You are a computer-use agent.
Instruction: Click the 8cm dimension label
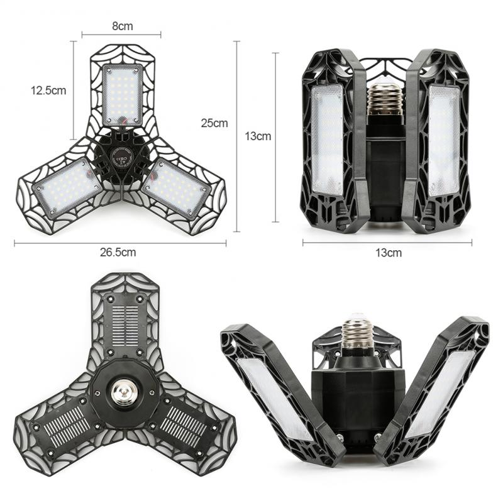123,26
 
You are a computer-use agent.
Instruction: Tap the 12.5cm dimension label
48,91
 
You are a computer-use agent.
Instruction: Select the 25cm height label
214,123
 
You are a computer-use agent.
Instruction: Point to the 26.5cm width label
118,252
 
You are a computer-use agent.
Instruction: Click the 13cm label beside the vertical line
258,136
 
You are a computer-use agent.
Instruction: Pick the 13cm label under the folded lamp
389,253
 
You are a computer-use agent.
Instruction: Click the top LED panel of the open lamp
122,95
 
